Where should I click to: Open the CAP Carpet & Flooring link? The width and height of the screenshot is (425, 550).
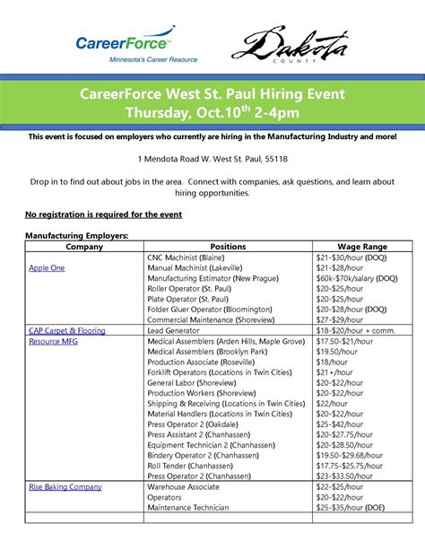click(x=67, y=330)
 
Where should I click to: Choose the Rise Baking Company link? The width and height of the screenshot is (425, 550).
click(x=65, y=487)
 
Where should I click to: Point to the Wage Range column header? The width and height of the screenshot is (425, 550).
click(x=362, y=246)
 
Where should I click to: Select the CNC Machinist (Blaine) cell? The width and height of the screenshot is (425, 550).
click(x=198, y=257)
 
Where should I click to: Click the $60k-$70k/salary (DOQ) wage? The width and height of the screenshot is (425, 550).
click(x=356, y=278)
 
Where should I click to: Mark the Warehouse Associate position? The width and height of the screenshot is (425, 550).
click(x=186, y=487)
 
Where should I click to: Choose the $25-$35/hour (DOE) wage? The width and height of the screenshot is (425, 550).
click(x=350, y=508)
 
